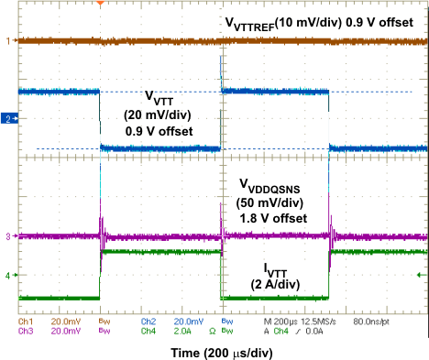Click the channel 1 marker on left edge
pos(6,41)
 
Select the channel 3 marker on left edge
pos(6,237)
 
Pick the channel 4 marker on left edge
pos(6,275)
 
